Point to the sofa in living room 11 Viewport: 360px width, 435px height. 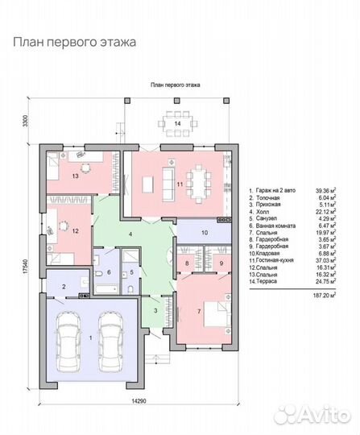(x=168, y=178)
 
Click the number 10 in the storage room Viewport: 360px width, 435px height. (x=205, y=233)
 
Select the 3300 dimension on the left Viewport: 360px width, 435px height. (x=27, y=122)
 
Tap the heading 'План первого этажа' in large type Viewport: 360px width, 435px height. (x=73, y=39)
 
